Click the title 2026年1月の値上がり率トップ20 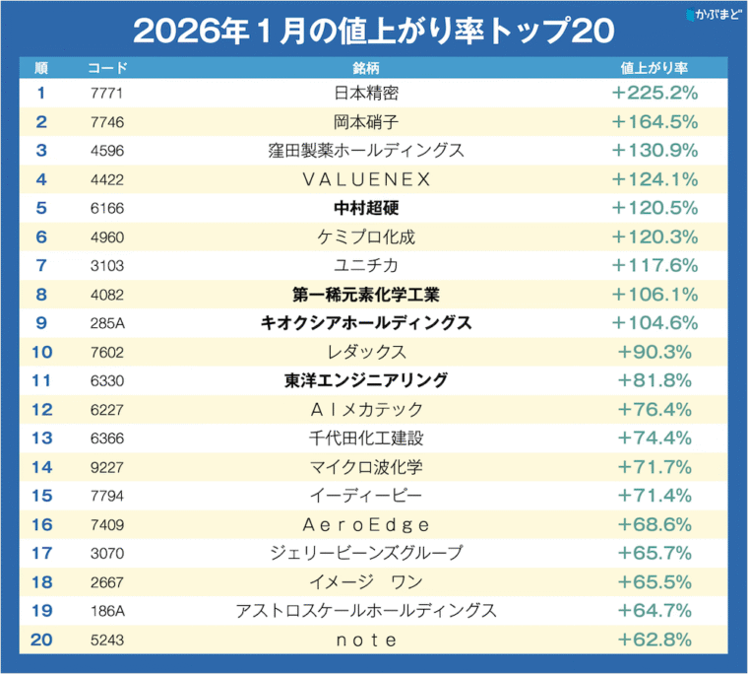(373, 31)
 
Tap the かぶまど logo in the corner (714, 14)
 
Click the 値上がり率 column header (654, 69)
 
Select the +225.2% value (654, 94)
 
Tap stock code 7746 (105, 122)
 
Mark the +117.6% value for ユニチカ (654, 266)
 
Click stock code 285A (105, 323)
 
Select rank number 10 (41, 352)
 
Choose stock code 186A (105, 611)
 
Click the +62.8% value (654, 640)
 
